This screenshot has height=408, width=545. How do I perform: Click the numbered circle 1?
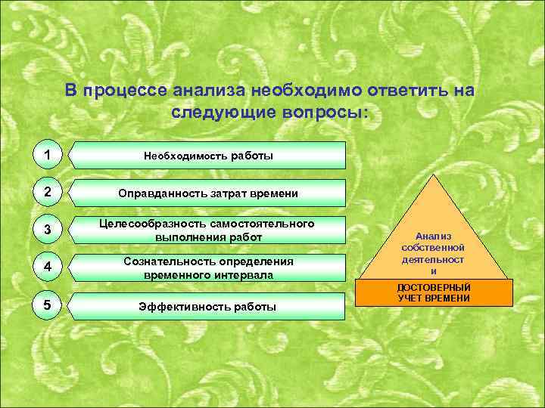click(x=48, y=155)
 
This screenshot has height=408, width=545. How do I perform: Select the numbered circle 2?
click(x=48, y=193)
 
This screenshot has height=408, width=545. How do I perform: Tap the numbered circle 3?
click(x=48, y=230)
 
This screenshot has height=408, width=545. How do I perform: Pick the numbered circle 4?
click(x=48, y=267)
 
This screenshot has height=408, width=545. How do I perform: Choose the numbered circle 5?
click(x=48, y=305)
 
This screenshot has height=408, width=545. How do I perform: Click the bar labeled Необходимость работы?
click(x=207, y=156)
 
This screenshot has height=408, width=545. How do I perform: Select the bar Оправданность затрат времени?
click(x=207, y=193)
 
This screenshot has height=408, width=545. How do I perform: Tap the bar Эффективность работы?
click(x=207, y=307)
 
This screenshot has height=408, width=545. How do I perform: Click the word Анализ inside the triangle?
click(x=433, y=236)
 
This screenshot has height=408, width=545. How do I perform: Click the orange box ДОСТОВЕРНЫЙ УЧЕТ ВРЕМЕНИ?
click(x=433, y=293)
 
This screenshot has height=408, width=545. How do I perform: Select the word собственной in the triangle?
click(x=433, y=248)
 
